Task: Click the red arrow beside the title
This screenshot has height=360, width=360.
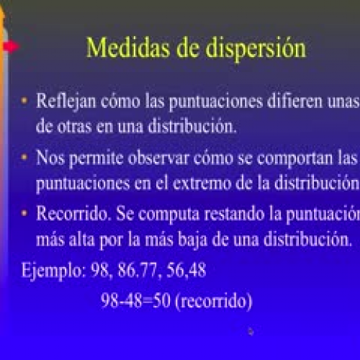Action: point(9,47)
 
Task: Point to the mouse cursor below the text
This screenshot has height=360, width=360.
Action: point(251,332)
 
